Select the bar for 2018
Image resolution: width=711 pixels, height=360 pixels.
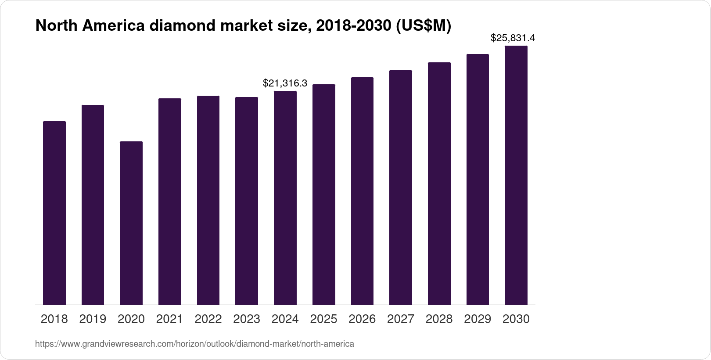click(54, 213)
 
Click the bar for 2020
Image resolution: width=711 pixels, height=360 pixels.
click(131, 223)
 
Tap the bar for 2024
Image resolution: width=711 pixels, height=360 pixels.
click(285, 198)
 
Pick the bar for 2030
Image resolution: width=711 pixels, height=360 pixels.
click(516, 175)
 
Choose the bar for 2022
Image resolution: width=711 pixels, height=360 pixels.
click(208, 200)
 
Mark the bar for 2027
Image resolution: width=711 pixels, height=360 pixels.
click(401, 187)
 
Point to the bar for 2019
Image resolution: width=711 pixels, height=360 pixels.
click(93, 205)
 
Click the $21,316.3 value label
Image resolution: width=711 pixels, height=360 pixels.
click(285, 83)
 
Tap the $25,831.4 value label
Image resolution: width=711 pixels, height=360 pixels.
click(513, 38)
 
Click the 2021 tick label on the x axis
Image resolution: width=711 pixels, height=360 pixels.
click(169, 319)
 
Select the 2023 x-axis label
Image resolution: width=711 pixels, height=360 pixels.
click(247, 319)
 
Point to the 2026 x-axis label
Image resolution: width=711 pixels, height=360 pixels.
click(362, 319)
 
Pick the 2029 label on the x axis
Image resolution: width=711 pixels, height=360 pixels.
click(478, 319)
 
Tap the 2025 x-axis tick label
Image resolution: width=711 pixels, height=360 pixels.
click(323, 319)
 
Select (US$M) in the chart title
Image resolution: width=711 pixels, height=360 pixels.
click(424, 26)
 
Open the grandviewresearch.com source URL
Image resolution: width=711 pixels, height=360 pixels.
click(194, 344)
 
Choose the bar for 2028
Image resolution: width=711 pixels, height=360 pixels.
click(439, 184)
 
